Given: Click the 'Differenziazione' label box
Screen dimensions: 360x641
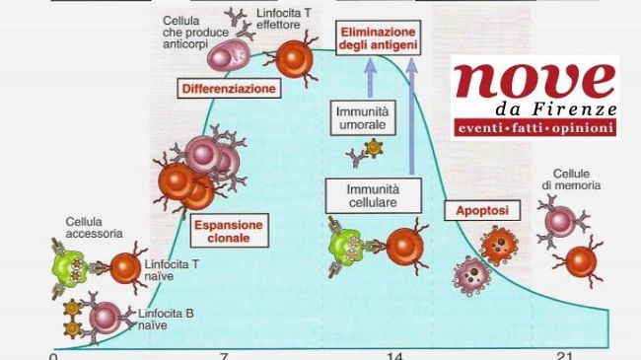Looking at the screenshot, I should tap(228, 89).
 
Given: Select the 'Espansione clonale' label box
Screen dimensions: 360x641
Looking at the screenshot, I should tap(228, 232).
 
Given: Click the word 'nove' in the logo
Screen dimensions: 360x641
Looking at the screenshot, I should tap(533, 83).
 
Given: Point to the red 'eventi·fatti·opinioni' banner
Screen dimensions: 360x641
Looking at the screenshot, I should tap(533, 128).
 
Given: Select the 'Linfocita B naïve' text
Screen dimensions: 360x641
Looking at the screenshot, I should tap(168, 318).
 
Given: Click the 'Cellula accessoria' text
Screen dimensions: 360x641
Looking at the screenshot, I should tap(94, 227).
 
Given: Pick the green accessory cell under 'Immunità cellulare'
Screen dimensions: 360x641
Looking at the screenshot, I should tap(348, 244).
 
